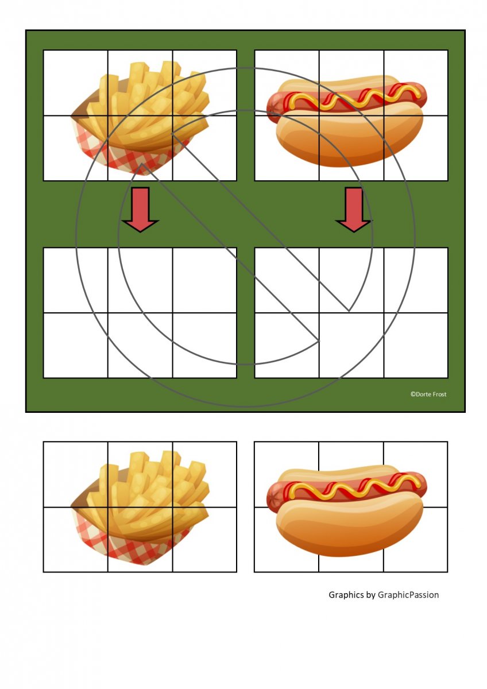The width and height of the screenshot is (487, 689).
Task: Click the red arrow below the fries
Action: coord(140,209)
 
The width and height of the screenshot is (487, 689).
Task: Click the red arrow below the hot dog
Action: coord(354,209)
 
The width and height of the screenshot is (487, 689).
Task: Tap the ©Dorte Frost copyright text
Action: coord(428,394)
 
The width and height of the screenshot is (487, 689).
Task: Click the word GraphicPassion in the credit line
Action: coord(408,595)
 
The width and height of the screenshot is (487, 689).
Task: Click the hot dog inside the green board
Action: coord(347,121)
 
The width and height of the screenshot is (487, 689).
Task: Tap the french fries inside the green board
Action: coord(140,118)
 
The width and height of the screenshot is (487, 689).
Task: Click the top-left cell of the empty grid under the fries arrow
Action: coord(76,280)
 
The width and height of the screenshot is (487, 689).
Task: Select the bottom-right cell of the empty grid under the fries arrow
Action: coord(204,345)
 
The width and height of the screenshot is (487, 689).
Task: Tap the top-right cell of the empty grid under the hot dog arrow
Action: coord(416,280)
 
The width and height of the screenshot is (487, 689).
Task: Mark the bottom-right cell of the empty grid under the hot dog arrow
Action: coord(416,345)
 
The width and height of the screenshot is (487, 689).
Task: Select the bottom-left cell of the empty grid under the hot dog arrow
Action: coord(287,345)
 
